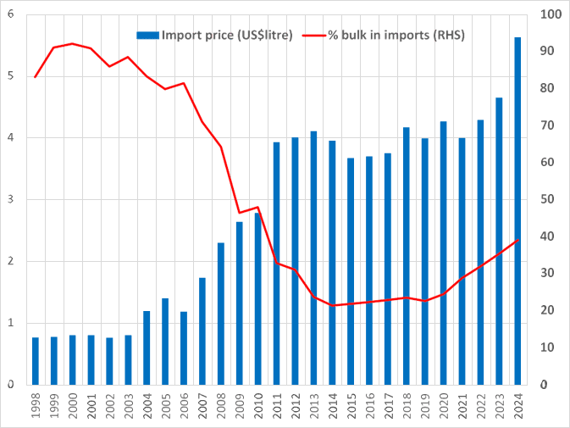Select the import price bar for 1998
point(35,360)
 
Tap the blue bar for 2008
point(221,313)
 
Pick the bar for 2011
point(277,263)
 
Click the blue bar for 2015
point(351,270)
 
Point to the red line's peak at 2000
point(72,43)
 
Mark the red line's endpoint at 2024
point(517,240)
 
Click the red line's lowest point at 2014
point(332,305)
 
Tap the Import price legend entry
point(216,36)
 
